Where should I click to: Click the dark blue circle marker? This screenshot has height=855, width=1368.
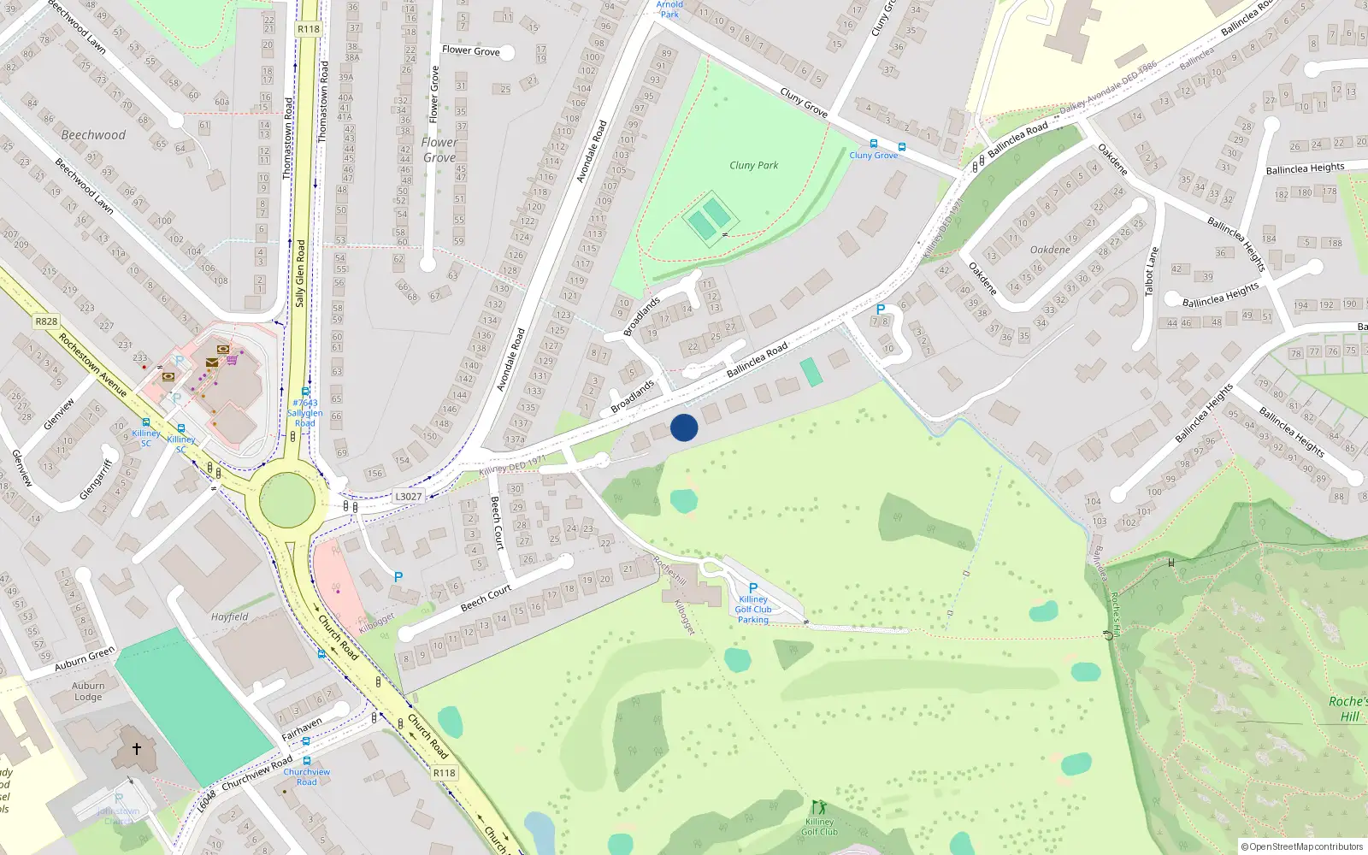(684, 427)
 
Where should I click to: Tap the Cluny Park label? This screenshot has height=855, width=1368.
(753, 165)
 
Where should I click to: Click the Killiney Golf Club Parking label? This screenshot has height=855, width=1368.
(753, 609)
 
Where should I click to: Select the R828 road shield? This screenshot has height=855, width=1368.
(46, 321)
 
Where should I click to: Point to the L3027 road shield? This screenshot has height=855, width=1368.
(409, 496)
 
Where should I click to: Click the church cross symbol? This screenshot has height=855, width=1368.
(137, 749)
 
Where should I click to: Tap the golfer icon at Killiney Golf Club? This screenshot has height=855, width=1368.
(819, 807)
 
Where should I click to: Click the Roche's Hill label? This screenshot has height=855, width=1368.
(1348, 709)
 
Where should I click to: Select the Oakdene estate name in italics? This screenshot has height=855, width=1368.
(1050, 250)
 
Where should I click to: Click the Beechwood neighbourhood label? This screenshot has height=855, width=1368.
(93, 135)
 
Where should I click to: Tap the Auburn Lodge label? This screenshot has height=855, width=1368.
(88, 691)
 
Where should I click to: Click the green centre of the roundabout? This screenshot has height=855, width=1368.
(286, 498)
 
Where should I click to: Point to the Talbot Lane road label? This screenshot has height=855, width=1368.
(1152, 271)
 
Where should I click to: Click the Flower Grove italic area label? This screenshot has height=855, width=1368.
(439, 150)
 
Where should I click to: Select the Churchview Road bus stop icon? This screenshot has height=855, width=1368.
(306, 760)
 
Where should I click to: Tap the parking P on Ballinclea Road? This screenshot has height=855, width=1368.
(881, 310)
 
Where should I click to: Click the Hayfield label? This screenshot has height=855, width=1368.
(230, 616)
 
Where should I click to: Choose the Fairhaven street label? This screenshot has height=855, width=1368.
(302, 729)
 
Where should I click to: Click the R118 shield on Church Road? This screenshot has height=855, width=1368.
(444, 772)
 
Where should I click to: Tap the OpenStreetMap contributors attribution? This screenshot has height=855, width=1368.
(1302, 846)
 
